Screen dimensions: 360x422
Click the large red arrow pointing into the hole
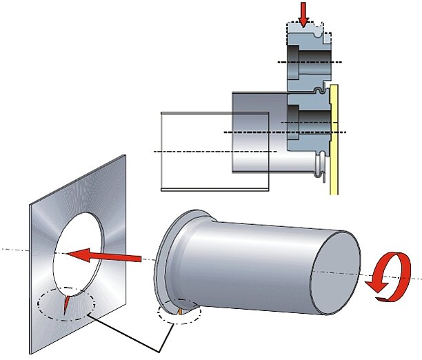(x=103, y=254)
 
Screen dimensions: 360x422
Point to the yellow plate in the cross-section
(x=335, y=138)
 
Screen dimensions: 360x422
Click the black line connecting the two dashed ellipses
(x=138, y=334)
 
